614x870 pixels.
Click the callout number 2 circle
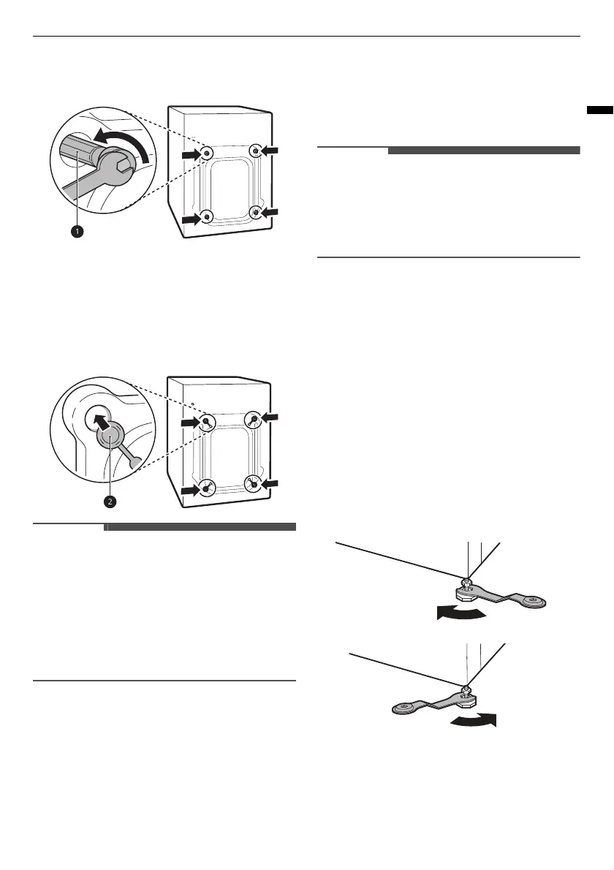click(x=109, y=502)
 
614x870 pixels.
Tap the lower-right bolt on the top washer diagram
click(x=255, y=212)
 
